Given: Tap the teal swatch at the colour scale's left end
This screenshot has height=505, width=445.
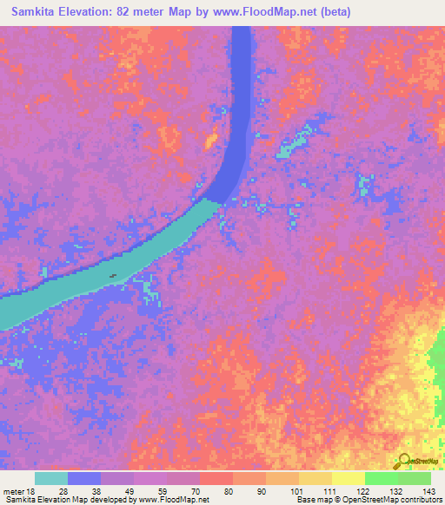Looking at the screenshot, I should coord(51,478).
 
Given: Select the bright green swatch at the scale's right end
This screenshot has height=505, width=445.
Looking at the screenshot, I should coord(415,478).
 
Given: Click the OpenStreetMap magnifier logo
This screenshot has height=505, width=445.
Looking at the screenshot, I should coord(404,460).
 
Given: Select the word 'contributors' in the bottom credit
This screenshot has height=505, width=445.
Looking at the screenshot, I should coord(418,500).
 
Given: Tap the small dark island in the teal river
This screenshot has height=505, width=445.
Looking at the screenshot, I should coord(113,277).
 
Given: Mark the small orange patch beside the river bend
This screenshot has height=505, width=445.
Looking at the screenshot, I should coord(210,139).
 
